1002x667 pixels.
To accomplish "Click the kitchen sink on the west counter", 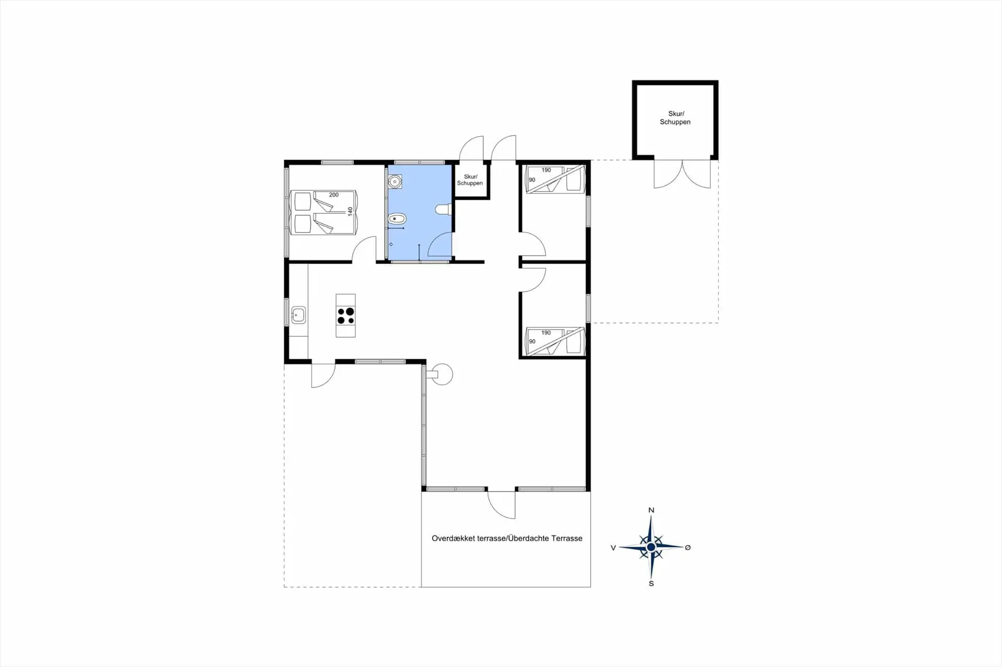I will [x=299, y=315].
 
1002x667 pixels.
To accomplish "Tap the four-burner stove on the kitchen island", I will [x=345, y=316].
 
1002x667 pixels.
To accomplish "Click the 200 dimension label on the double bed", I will [x=334, y=195].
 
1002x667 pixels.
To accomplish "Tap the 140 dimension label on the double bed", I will [x=350, y=211].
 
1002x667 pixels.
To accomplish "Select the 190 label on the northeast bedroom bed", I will [x=546, y=170].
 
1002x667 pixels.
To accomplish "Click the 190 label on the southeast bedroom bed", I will [x=546, y=333].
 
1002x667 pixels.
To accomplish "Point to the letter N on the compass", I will [x=651, y=510].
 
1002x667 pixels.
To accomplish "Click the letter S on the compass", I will [x=651, y=584].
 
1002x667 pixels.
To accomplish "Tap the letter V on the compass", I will [x=613, y=548].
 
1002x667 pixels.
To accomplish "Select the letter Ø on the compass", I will [x=688, y=548].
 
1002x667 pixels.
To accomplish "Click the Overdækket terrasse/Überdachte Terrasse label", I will [x=507, y=538].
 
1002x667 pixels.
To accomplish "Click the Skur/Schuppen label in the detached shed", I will [x=675, y=117].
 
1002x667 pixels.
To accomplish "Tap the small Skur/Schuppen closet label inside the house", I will [x=470, y=180].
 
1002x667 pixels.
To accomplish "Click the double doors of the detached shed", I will [x=682, y=174].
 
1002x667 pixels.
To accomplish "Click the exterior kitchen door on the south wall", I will [x=323, y=374].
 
